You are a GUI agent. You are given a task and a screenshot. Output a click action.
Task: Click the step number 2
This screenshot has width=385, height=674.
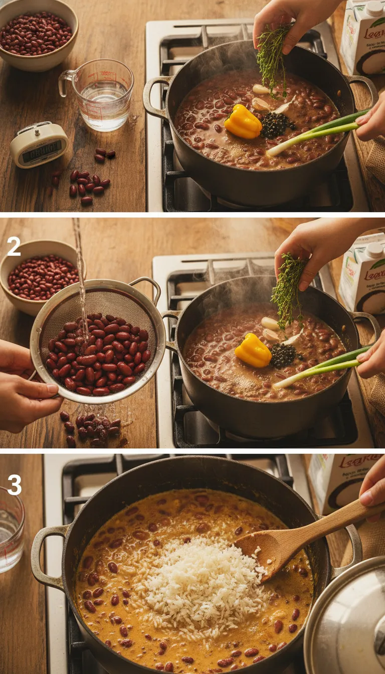14,247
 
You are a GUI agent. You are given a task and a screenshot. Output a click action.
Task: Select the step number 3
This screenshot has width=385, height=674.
14,485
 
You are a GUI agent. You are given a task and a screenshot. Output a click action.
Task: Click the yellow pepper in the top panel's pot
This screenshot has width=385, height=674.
243,122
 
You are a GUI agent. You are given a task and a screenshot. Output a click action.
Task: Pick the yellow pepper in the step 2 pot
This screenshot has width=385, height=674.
253,351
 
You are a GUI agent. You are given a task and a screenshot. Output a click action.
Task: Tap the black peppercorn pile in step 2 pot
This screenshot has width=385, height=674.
283,355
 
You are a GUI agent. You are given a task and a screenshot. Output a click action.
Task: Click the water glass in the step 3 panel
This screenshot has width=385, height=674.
10,532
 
